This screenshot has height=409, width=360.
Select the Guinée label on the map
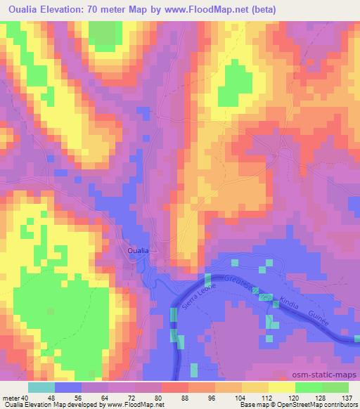pos(325,317)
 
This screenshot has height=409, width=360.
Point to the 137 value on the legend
pos(347,396)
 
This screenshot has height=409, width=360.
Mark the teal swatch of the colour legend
pos(41,387)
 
